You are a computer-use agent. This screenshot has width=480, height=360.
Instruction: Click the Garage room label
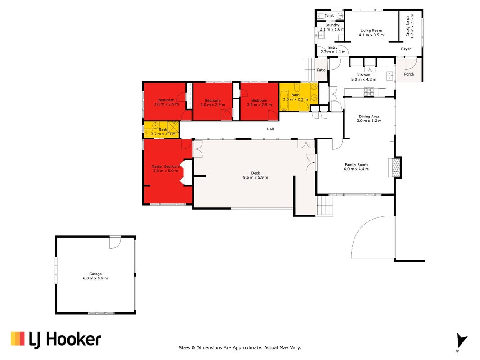(95, 276)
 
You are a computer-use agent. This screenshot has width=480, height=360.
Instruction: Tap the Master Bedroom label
(166, 169)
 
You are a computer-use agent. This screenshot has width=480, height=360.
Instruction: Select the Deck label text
(256, 175)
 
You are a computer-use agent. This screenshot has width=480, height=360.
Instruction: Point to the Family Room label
(356, 166)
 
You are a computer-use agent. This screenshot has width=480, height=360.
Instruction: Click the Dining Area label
(369, 118)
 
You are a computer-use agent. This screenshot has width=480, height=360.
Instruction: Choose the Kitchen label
(363, 77)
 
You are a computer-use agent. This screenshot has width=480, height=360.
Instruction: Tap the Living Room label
(371, 33)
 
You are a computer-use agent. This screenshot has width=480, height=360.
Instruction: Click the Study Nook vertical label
(410, 27)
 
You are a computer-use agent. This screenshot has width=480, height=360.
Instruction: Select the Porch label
(409, 74)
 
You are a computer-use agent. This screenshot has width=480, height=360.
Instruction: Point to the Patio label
(321, 70)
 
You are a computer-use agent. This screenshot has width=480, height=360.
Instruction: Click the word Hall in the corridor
(270, 129)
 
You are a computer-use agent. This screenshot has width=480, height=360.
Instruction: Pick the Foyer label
(406, 49)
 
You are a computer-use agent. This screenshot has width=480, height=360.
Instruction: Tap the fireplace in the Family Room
(395, 167)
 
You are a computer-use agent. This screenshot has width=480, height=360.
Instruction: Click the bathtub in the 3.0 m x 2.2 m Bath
(284, 100)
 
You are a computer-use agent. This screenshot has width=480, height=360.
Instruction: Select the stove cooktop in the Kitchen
(369, 91)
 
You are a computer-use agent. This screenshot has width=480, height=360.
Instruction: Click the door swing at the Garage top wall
(115, 242)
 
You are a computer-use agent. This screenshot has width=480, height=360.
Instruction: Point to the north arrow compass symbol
(461, 341)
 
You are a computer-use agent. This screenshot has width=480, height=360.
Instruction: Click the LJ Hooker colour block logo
(18, 338)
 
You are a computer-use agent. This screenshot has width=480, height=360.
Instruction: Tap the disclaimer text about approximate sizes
(240, 348)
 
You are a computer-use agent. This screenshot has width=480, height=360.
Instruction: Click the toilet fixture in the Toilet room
(321, 16)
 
